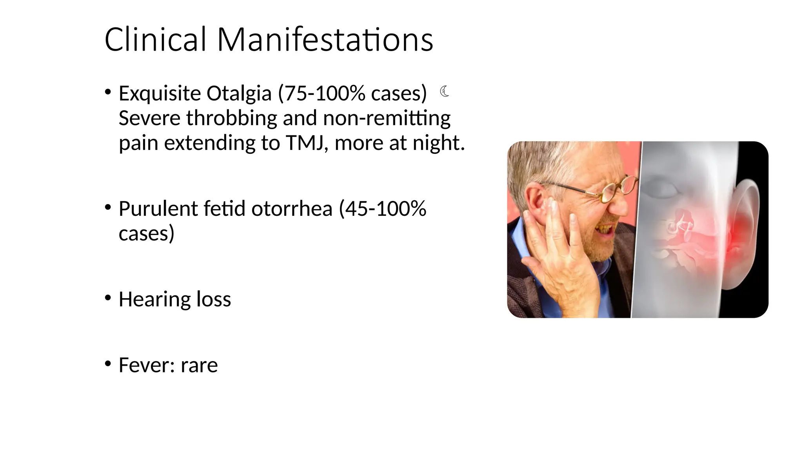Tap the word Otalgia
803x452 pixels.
[x=239, y=93]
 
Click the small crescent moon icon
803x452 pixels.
[x=444, y=91]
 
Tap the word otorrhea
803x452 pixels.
[x=292, y=209]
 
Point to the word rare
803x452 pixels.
[x=199, y=365]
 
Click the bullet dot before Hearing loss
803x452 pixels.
[x=108, y=298]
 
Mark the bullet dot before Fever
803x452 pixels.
[x=108, y=364]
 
